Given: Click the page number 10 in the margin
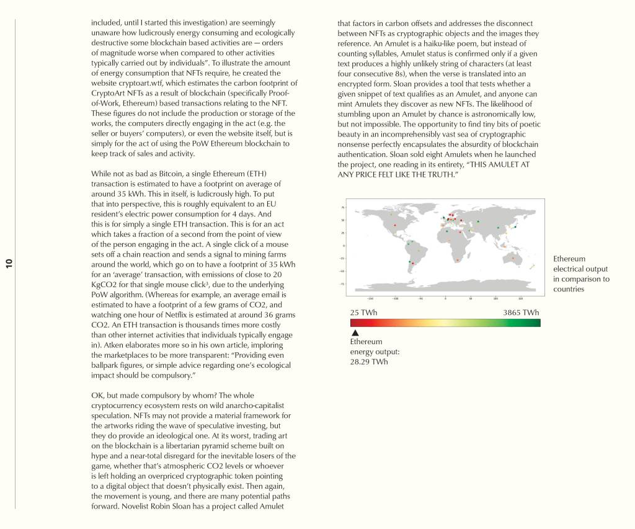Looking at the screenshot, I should pyautogui.click(x=9, y=264).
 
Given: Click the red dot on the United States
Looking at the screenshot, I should pyautogui.click(x=394, y=225).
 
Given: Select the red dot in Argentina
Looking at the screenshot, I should pyautogui.click(x=412, y=264).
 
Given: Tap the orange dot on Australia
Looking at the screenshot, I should pyautogui.click(x=513, y=258).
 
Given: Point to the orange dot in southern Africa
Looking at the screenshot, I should pyautogui.click(x=457, y=260).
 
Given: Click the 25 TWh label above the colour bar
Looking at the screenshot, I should pyautogui.click(x=363, y=313).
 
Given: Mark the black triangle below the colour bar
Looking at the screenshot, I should pyautogui.click(x=355, y=333).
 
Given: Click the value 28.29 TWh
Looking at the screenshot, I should pyautogui.click(x=369, y=362).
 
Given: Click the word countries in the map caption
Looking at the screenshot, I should pyautogui.click(x=569, y=289).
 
